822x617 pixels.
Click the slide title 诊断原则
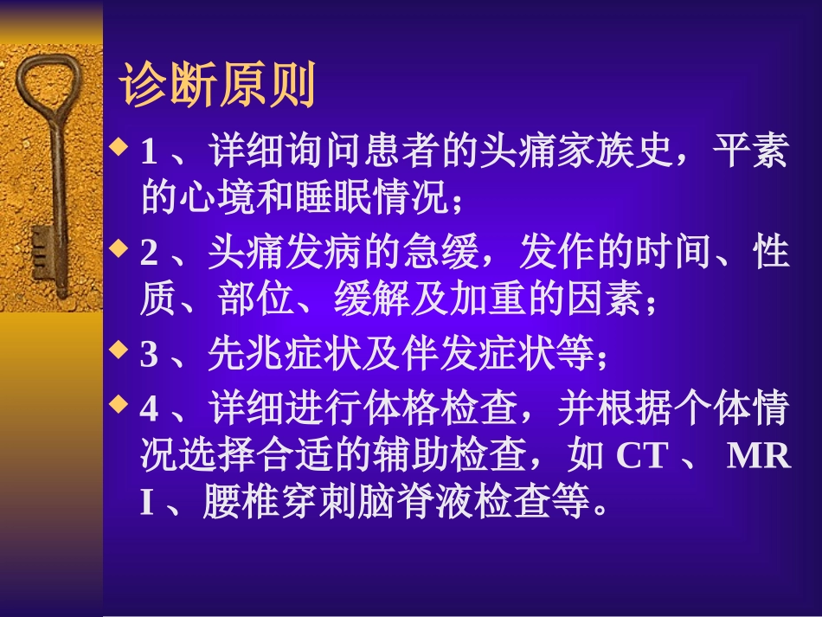click(x=218, y=85)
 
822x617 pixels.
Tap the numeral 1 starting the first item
click(x=149, y=154)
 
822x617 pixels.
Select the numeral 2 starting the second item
click(x=149, y=254)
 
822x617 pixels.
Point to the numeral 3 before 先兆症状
click(x=149, y=355)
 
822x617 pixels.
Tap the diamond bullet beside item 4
click(x=121, y=402)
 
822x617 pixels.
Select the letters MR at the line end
click(x=758, y=457)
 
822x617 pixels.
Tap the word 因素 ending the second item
click(x=602, y=301)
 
